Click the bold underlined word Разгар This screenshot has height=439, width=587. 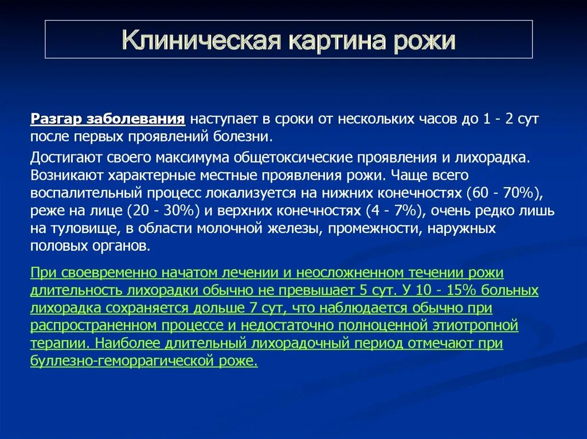pos(57,120)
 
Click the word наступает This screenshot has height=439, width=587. pos(221,120)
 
